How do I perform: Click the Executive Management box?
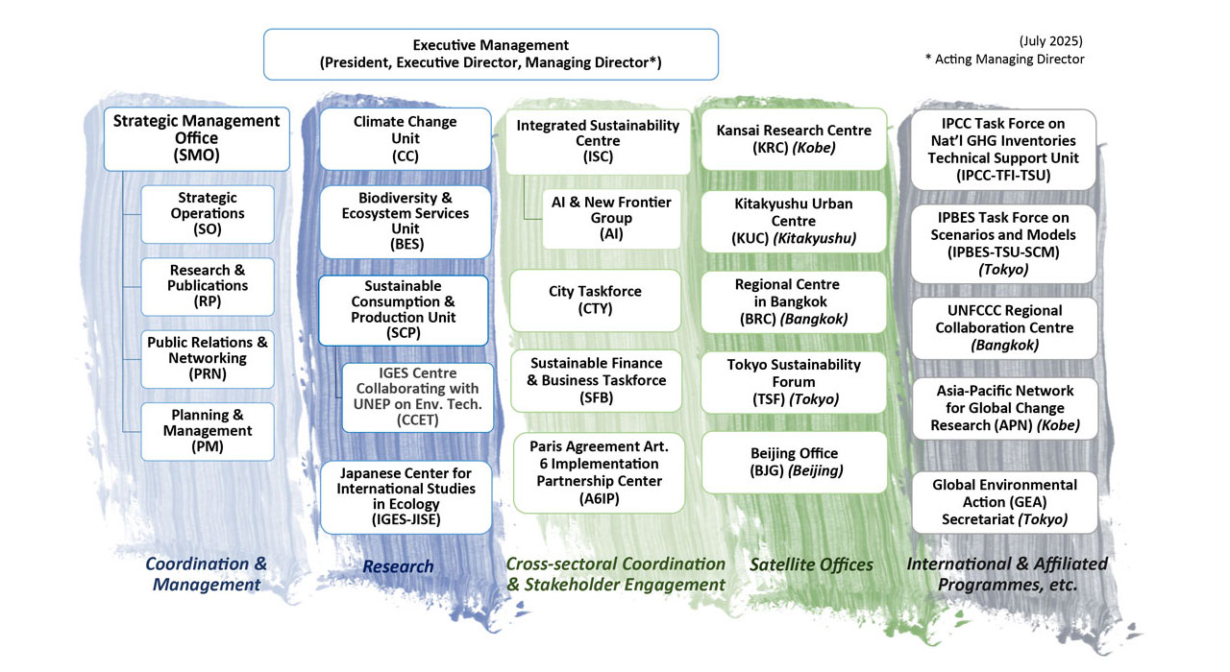point(490,54)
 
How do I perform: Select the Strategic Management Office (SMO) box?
point(196,137)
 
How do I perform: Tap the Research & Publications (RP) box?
point(208,286)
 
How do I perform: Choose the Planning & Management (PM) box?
point(208,431)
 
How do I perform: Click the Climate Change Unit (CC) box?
point(406,138)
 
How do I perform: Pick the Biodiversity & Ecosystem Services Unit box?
point(406,222)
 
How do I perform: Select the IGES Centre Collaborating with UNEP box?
point(418,397)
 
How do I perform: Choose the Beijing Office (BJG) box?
point(794,462)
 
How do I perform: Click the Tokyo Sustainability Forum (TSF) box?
point(794,381)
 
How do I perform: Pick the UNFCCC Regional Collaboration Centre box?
point(1003,327)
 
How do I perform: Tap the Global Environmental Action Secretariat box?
point(1003,502)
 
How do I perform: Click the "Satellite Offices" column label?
point(811,565)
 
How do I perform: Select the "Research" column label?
point(398,566)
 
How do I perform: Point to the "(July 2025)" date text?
point(1050,41)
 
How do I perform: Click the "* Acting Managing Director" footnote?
point(1004,60)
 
